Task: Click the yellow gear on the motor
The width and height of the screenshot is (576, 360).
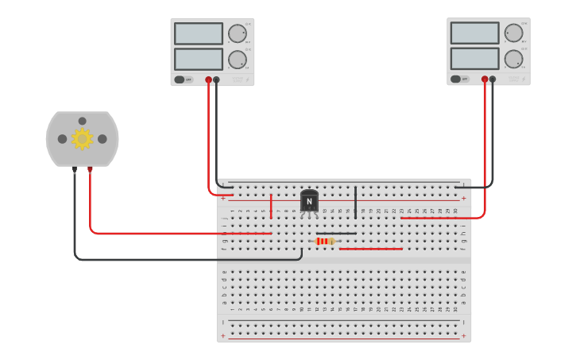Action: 82,139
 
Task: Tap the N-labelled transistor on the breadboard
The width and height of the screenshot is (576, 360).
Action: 309,201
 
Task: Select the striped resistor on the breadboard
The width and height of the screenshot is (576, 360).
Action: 325,241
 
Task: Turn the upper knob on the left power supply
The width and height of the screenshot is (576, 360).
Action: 237,33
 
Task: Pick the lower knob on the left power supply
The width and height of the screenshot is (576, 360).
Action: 237,60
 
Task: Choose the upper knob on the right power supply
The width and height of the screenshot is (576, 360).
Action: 513,33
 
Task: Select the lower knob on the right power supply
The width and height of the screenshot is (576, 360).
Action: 513,59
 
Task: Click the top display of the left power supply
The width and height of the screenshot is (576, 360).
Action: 199,33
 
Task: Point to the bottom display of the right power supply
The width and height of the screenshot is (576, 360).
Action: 474,59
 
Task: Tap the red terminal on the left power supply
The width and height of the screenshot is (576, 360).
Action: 209,79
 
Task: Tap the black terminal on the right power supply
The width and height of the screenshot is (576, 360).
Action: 493,79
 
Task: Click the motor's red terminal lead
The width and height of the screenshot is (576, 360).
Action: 90,169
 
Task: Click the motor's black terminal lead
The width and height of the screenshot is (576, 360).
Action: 75,169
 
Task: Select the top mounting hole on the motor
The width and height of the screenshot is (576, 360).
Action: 82,121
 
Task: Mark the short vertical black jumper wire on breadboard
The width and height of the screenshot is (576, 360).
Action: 355,202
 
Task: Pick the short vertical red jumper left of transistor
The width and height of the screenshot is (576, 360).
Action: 271,206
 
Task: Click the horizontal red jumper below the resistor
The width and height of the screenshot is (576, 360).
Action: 370,249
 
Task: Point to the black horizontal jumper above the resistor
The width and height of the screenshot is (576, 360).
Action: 336,233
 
